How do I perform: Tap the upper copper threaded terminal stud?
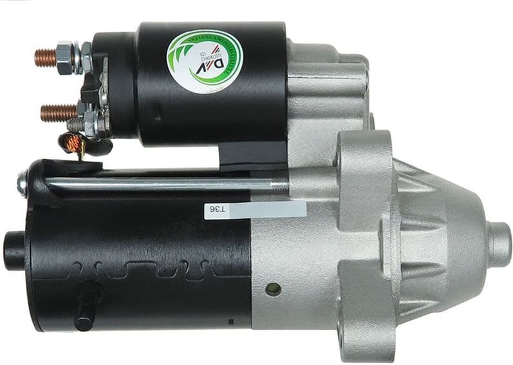click(45, 57)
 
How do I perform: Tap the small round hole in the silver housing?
click(273, 289)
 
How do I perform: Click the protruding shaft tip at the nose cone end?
click(499, 241)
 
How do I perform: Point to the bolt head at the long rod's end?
click(23, 184)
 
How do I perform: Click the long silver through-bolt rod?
click(161, 185)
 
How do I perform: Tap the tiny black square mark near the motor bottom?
click(231, 320)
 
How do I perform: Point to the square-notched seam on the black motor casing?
click(148, 268)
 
